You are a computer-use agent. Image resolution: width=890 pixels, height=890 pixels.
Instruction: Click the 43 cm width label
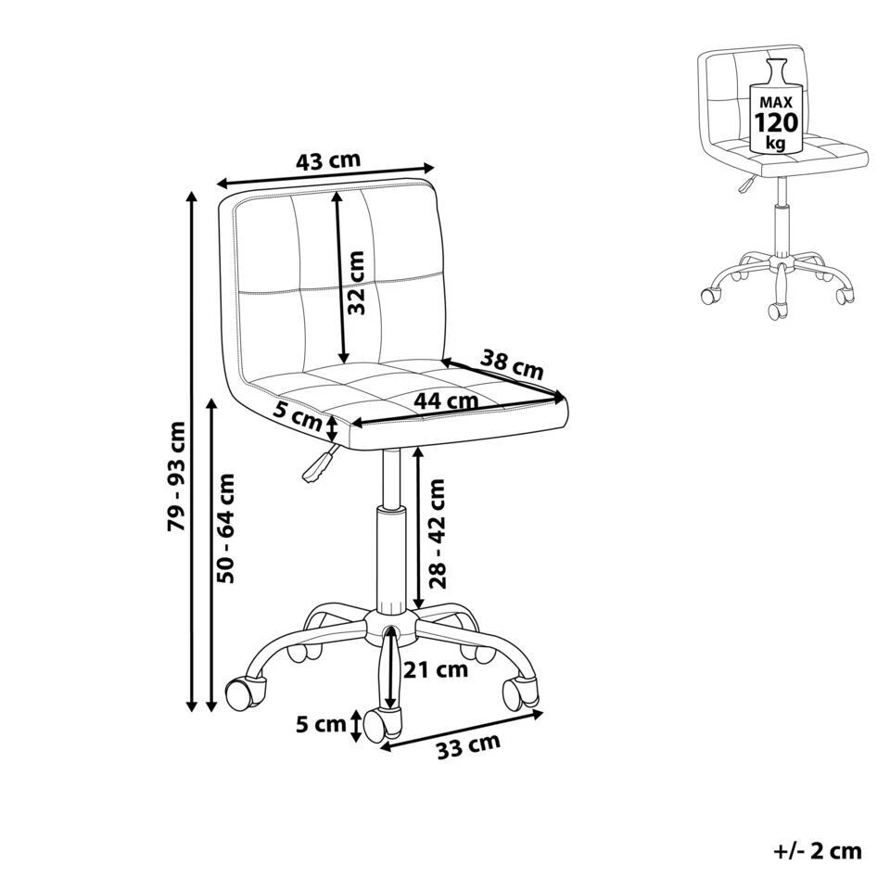(328, 160)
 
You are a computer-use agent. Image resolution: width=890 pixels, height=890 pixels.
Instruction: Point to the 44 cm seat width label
(447, 401)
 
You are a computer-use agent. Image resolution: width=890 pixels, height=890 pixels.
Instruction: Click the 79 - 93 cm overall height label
(177, 477)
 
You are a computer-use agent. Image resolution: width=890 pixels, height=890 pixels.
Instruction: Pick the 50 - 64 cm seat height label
(226, 528)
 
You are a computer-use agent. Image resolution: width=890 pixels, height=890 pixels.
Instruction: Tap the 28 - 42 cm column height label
(438, 533)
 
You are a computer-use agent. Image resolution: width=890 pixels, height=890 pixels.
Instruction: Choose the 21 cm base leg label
(437, 670)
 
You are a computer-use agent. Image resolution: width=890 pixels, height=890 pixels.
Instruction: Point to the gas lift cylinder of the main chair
(390, 556)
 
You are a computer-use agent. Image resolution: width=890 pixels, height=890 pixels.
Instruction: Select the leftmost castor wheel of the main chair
(241, 692)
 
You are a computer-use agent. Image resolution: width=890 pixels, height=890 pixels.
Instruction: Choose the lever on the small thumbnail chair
(744, 185)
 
